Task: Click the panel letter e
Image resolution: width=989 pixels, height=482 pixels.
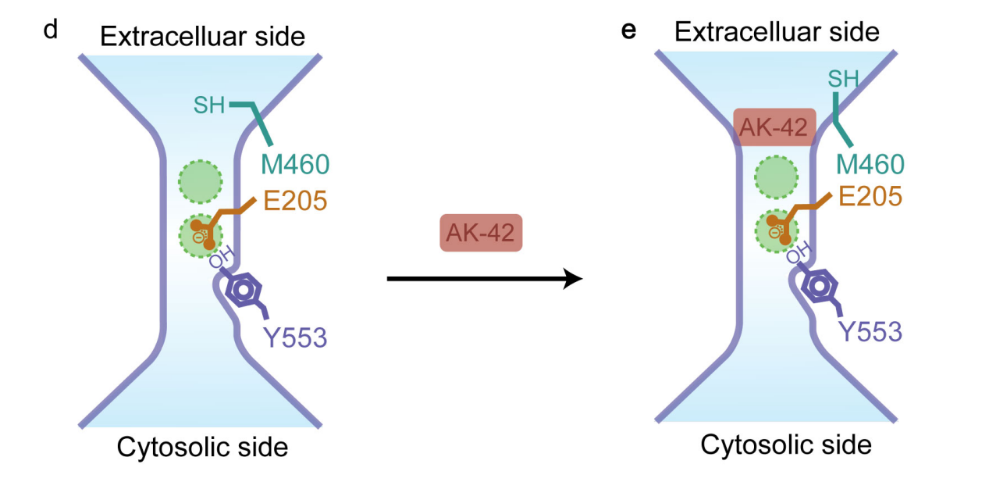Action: point(629,30)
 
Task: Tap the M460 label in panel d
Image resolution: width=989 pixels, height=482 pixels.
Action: point(294,165)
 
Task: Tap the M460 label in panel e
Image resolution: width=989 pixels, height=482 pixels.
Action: point(870,164)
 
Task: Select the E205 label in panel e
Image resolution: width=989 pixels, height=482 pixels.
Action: point(870,195)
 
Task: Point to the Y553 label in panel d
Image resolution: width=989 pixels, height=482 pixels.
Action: point(294,338)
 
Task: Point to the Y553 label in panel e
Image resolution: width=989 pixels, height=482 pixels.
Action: point(870,332)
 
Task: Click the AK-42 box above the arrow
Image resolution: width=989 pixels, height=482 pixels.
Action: point(481,233)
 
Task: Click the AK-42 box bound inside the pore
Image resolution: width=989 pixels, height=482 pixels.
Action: point(775,127)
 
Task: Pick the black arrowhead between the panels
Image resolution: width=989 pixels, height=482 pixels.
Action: point(574,277)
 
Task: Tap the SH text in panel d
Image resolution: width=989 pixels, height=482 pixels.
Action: point(210,105)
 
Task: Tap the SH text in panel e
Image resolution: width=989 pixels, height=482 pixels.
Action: point(843,78)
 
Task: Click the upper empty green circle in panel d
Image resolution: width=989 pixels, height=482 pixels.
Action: point(201,181)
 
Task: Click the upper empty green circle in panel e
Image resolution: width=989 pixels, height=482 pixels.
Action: point(776,177)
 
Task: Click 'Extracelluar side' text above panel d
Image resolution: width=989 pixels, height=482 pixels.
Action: point(202,36)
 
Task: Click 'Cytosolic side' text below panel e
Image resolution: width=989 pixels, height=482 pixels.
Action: point(785,445)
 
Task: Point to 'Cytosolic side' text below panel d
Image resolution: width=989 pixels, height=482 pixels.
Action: point(202,448)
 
